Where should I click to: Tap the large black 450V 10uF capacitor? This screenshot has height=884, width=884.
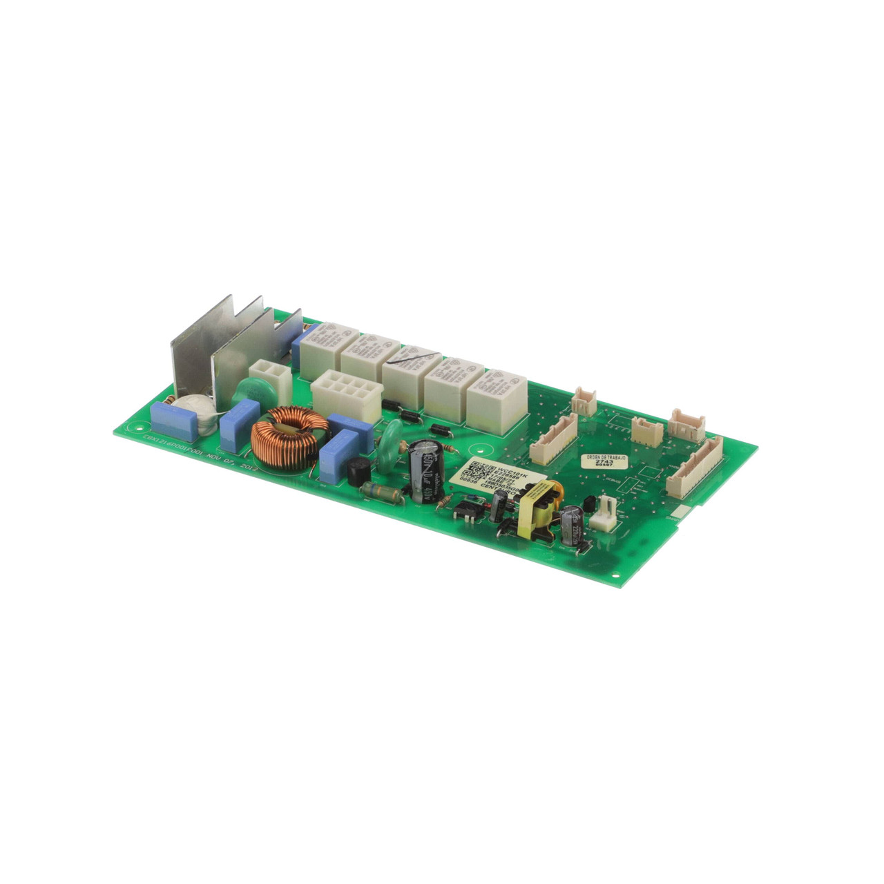click(x=422, y=470)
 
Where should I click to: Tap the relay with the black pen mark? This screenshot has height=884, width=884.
click(x=409, y=370)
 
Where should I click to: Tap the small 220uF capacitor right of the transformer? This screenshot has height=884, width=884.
click(x=573, y=525)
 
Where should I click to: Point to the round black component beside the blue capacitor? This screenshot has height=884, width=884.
click(x=356, y=471)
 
